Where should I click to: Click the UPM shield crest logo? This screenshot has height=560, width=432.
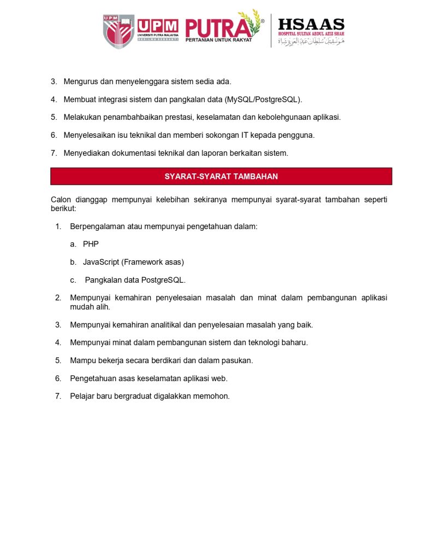119,31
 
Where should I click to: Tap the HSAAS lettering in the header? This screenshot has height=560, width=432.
311,25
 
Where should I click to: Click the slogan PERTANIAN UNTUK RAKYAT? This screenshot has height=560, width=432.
218,40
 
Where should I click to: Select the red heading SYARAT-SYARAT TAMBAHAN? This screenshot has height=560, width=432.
221,176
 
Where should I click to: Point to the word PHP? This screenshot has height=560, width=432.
91,244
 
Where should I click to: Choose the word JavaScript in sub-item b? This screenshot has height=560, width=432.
101,262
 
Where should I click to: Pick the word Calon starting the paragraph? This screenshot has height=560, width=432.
61,200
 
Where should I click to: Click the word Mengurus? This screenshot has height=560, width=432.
80,81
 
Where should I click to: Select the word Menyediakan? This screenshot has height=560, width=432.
86,153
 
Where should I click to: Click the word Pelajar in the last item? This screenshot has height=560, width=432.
82,396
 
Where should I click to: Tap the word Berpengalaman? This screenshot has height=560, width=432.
97,226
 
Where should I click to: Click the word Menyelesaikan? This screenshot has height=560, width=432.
89,135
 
